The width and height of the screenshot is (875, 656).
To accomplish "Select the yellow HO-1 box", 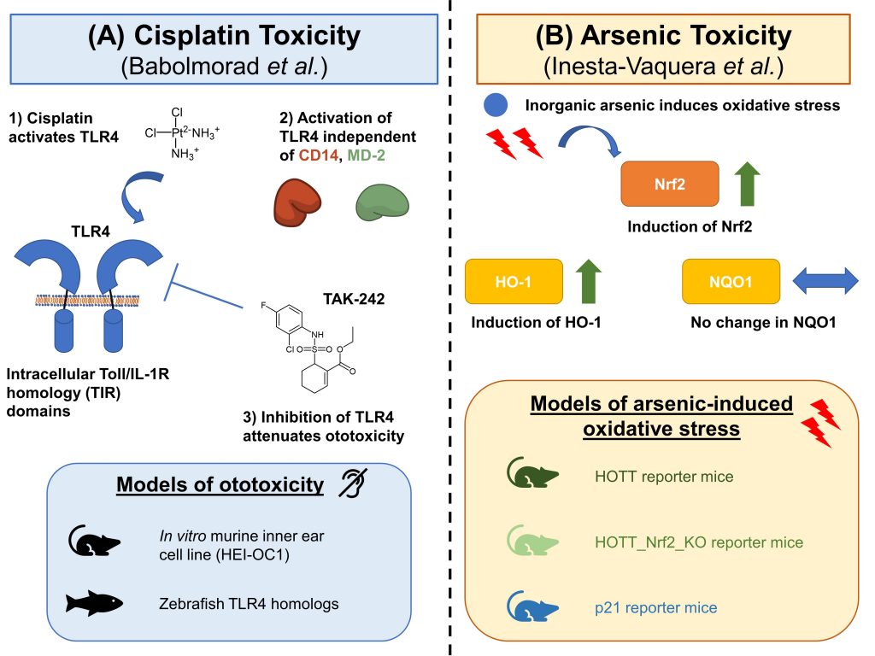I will (x=514, y=281).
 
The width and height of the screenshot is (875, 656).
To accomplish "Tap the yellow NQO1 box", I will (x=731, y=281).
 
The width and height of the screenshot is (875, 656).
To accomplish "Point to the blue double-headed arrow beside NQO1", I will (x=825, y=281).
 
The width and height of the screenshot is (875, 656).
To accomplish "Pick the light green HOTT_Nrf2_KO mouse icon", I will (x=532, y=541).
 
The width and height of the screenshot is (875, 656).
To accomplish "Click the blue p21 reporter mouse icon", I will (x=532, y=607).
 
